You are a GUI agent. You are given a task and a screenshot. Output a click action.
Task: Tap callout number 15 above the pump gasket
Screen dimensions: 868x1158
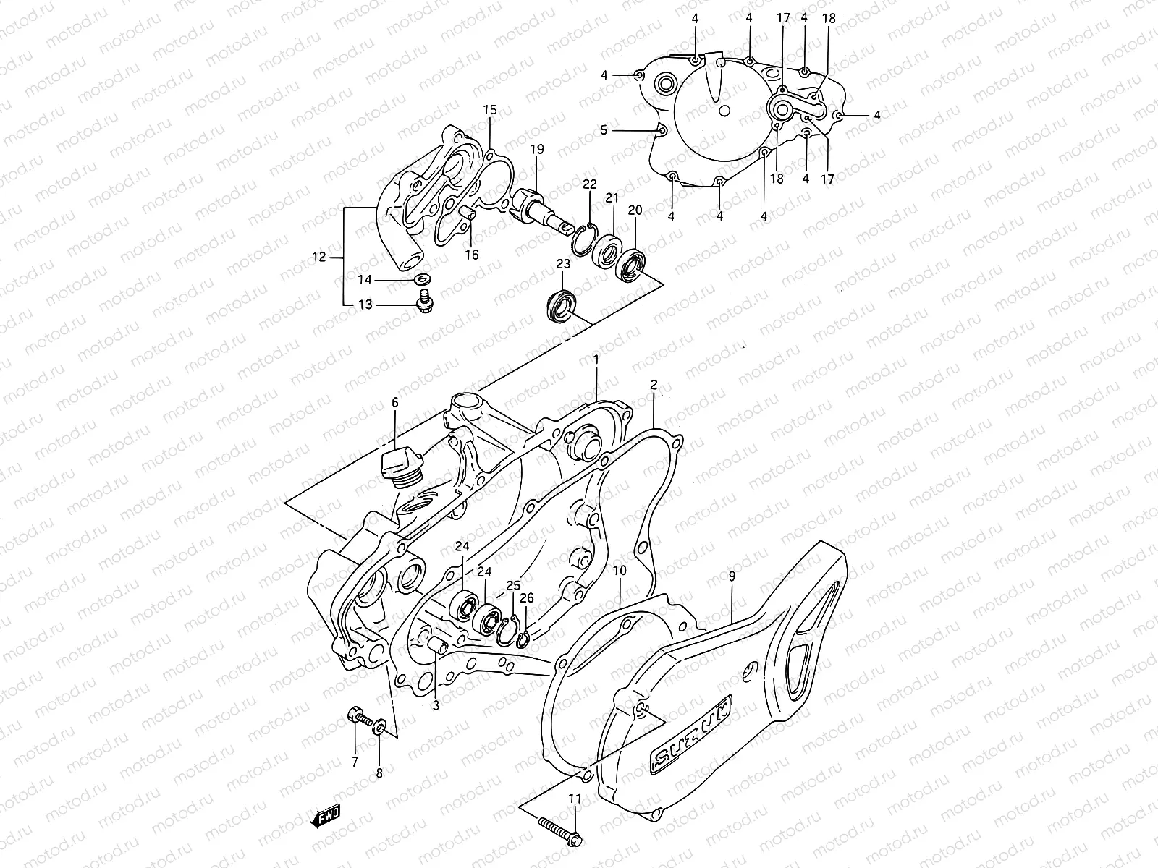point(490,111)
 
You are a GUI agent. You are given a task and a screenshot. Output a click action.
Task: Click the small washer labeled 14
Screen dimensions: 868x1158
point(421,279)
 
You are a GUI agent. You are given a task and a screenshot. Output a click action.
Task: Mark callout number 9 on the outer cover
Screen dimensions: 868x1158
point(732,577)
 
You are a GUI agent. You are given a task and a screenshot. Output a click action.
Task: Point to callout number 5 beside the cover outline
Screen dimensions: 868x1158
point(604,130)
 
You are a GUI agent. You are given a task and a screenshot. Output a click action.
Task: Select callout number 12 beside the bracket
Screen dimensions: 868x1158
point(317,256)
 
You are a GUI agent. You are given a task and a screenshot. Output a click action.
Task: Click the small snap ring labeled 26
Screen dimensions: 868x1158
point(525,635)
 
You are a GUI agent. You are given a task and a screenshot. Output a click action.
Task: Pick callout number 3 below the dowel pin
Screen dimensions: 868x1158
point(436,705)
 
